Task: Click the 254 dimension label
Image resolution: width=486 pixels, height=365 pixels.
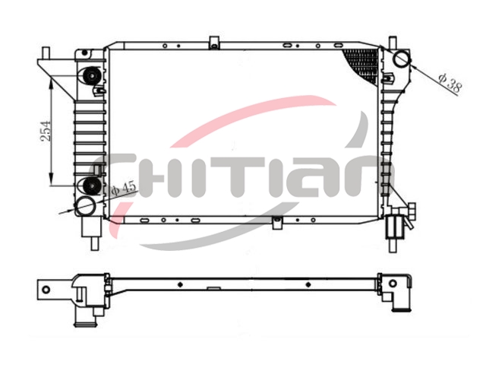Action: (46, 131)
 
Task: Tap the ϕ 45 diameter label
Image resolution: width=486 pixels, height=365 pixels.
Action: (123, 188)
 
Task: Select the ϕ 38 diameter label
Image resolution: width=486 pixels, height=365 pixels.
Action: (450, 83)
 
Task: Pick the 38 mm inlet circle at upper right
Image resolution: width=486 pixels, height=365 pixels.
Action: (402, 59)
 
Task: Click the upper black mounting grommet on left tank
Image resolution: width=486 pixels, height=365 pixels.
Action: (92, 76)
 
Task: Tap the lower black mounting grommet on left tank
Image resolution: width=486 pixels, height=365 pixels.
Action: (92, 185)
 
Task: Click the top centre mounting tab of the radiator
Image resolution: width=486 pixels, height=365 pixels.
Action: (214, 43)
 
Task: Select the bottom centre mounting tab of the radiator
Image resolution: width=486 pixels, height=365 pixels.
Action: (277, 223)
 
